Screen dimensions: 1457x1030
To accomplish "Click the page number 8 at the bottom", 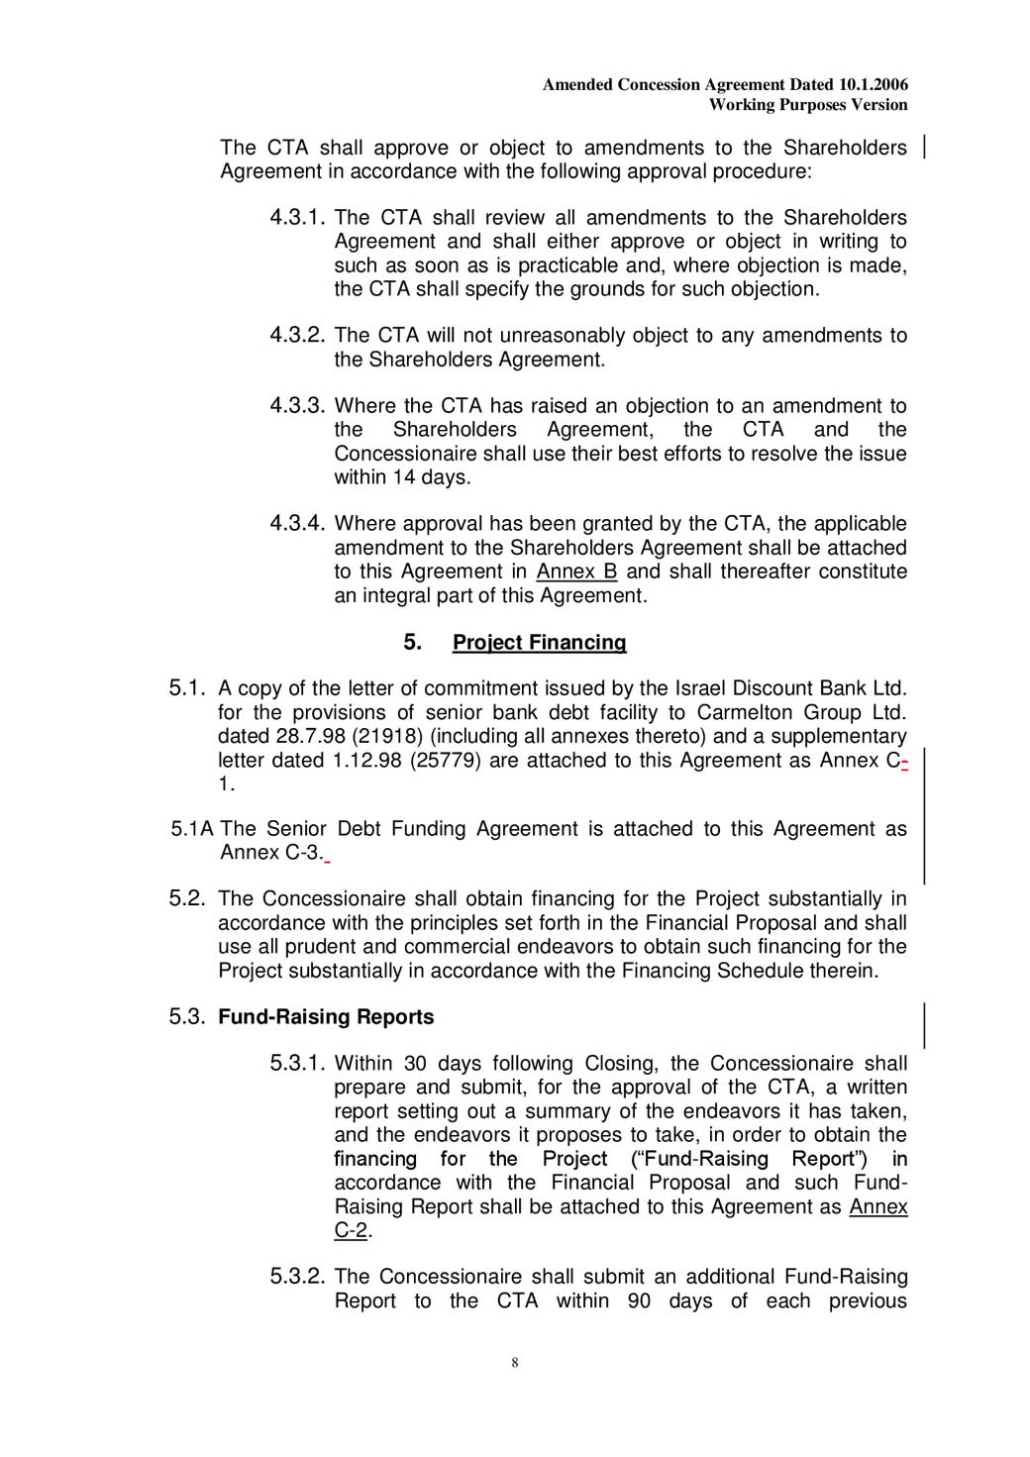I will point(515,1363).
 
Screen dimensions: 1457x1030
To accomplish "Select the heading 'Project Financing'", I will point(539,643).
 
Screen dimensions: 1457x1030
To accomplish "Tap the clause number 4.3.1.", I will point(297,218).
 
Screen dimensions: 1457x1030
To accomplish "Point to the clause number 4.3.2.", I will point(297,336).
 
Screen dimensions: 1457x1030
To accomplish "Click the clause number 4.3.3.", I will point(297,406).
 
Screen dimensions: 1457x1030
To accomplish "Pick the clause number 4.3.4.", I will point(297,524).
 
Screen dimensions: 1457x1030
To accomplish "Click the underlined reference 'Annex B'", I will point(576,572).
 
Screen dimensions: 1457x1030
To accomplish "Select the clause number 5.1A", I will point(192,829).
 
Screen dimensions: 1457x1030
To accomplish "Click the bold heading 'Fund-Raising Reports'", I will point(326,1017).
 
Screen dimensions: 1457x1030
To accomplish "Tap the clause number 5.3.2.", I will point(297,1277).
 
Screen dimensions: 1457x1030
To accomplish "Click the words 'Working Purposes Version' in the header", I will point(808,105).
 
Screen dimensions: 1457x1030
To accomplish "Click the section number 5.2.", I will point(187,899).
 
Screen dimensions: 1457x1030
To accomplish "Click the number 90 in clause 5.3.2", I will point(639,1301).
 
